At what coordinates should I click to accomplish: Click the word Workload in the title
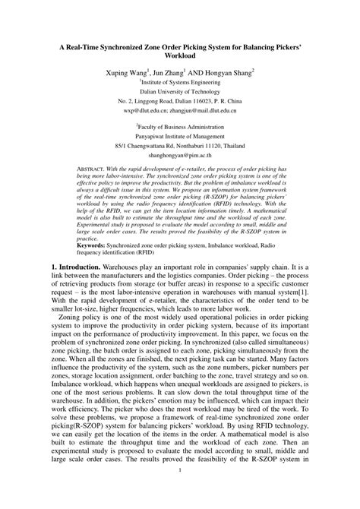tap(180, 57)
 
